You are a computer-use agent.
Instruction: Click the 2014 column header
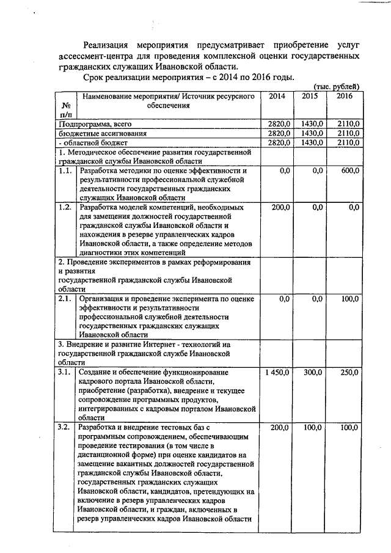point(276,97)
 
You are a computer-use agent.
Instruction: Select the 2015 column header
point(311,97)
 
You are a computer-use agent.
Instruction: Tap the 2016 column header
point(344,97)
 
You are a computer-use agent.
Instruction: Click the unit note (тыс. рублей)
point(337,86)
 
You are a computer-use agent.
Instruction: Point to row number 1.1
point(65,170)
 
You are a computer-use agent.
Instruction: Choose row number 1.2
point(65,208)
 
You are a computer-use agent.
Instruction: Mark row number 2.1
point(65,299)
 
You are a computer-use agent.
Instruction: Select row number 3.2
point(65,427)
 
